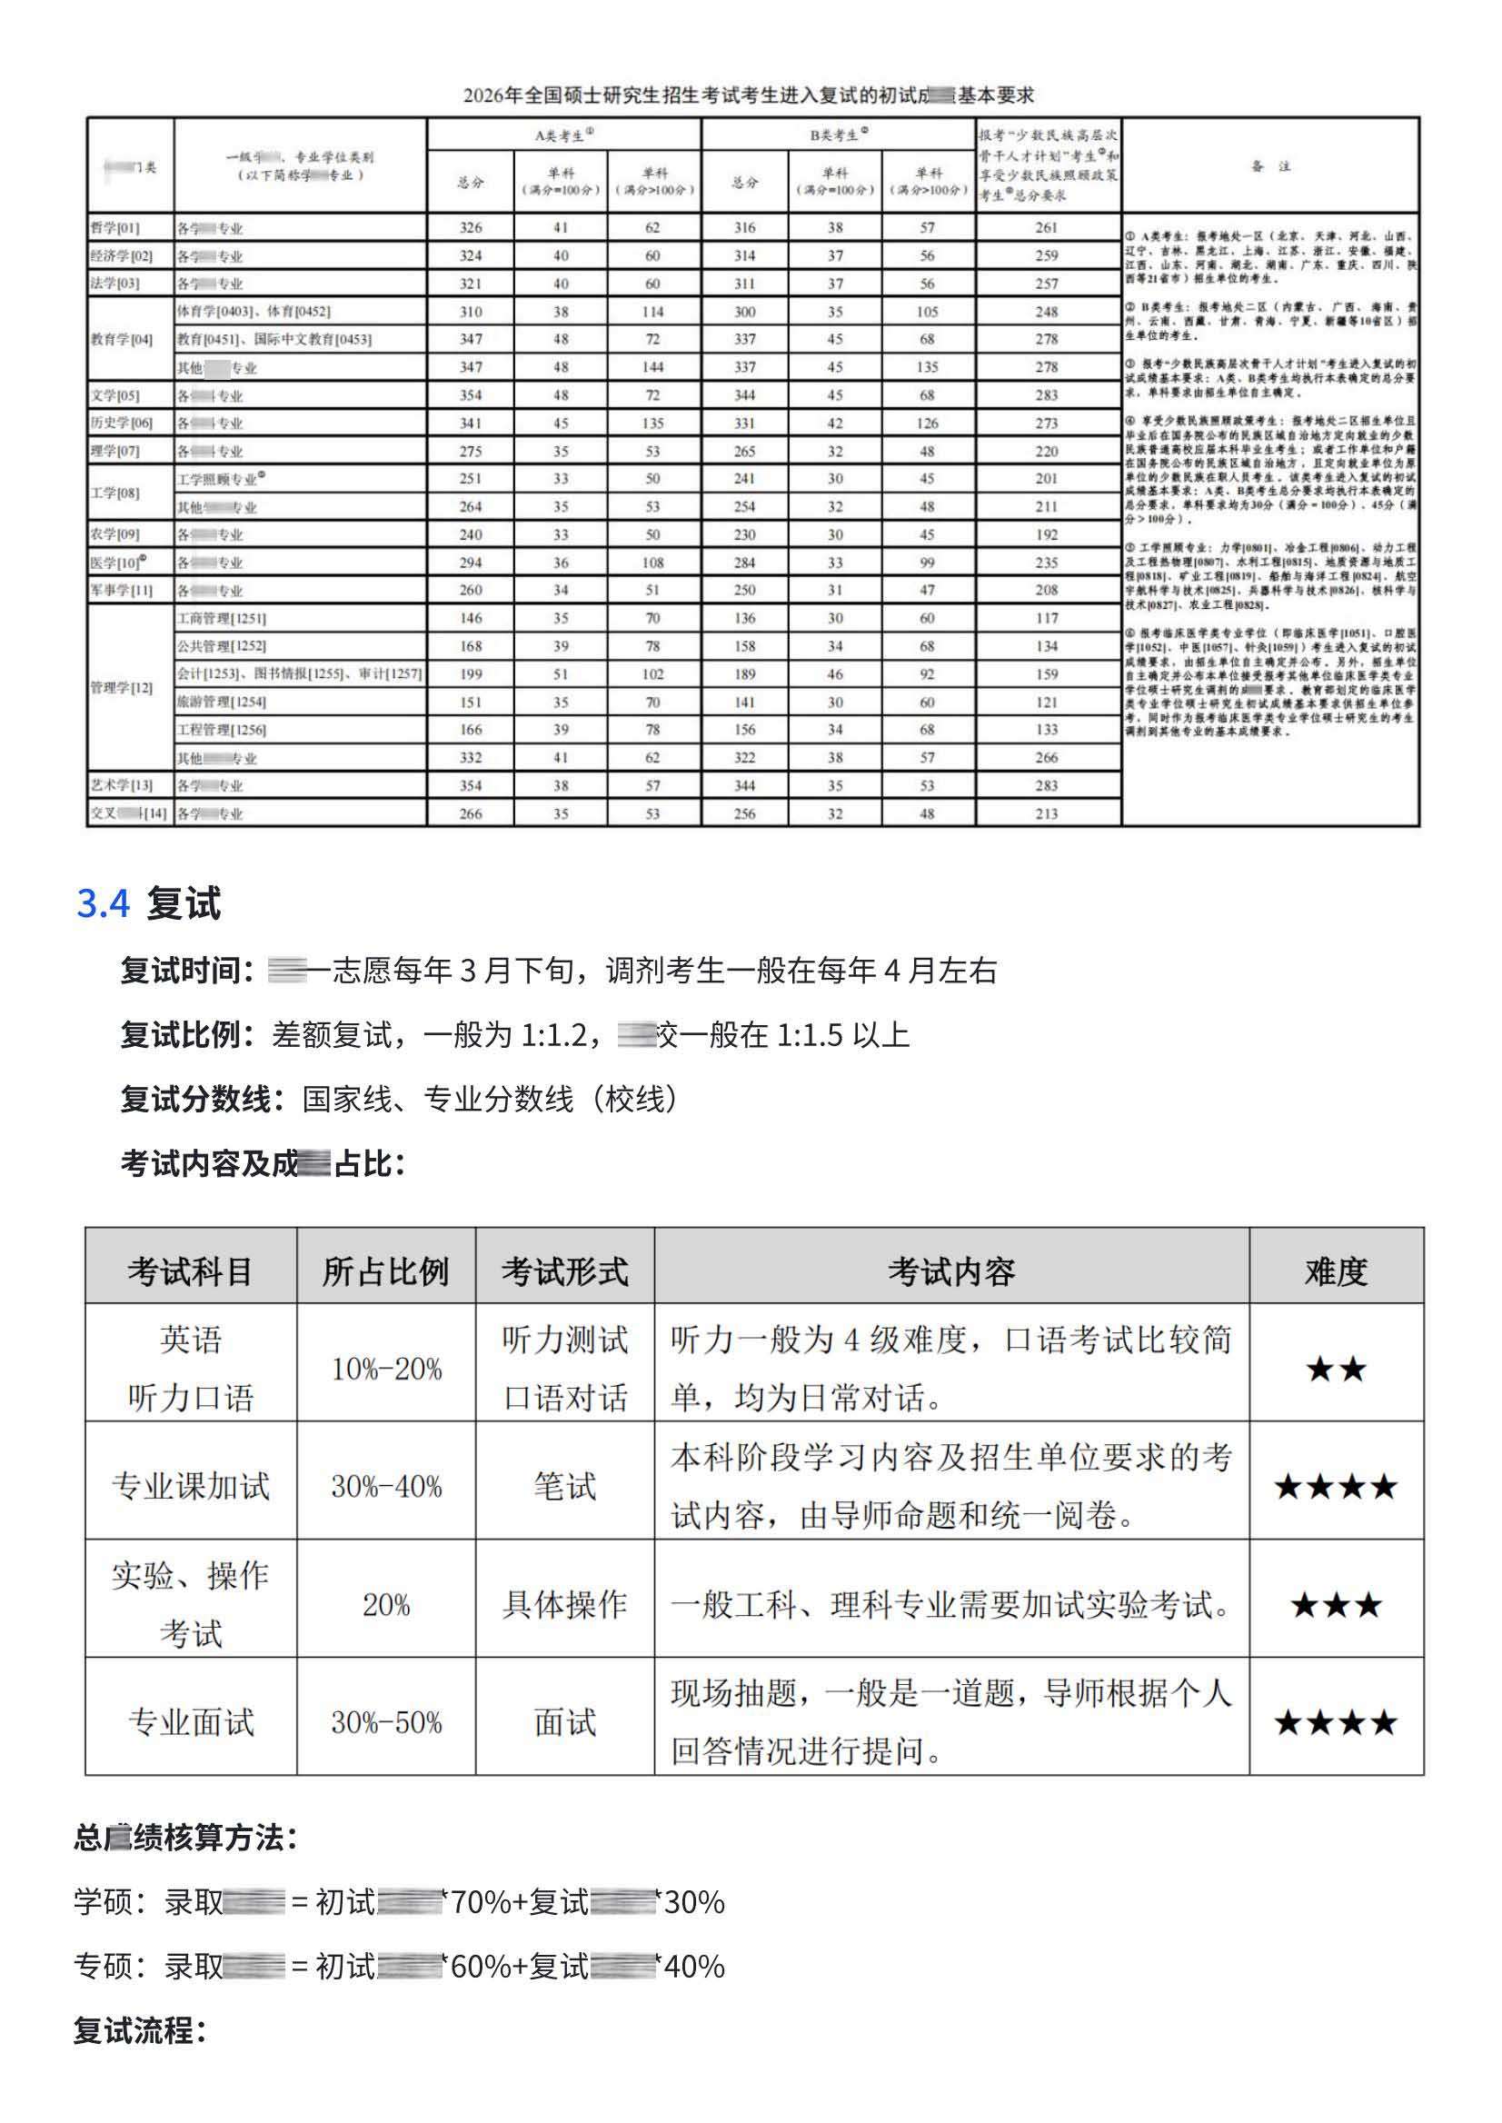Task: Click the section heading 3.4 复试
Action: click(x=148, y=902)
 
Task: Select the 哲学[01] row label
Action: click(x=114, y=227)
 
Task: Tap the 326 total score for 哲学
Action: click(x=471, y=227)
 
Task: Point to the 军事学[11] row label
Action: click(x=121, y=590)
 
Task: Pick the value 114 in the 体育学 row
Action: click(x=653, y=312)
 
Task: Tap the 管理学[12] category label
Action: click(x=121, y=687)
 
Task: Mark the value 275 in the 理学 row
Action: click(x=471, y=452)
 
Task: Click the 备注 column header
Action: click(x=1270, y=166)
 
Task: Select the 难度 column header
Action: click(x=1336, y=1272)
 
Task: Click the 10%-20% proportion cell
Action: click(x=386, y=1369)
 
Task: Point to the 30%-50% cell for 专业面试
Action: click(x=386, y=1722)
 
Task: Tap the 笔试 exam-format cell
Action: click(x=565, y=1487)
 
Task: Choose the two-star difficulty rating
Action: click(x=1336, y=1369)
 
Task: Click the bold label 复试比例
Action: click(x=187, y=1034)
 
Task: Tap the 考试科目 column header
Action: click(x=191, y=1272)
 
